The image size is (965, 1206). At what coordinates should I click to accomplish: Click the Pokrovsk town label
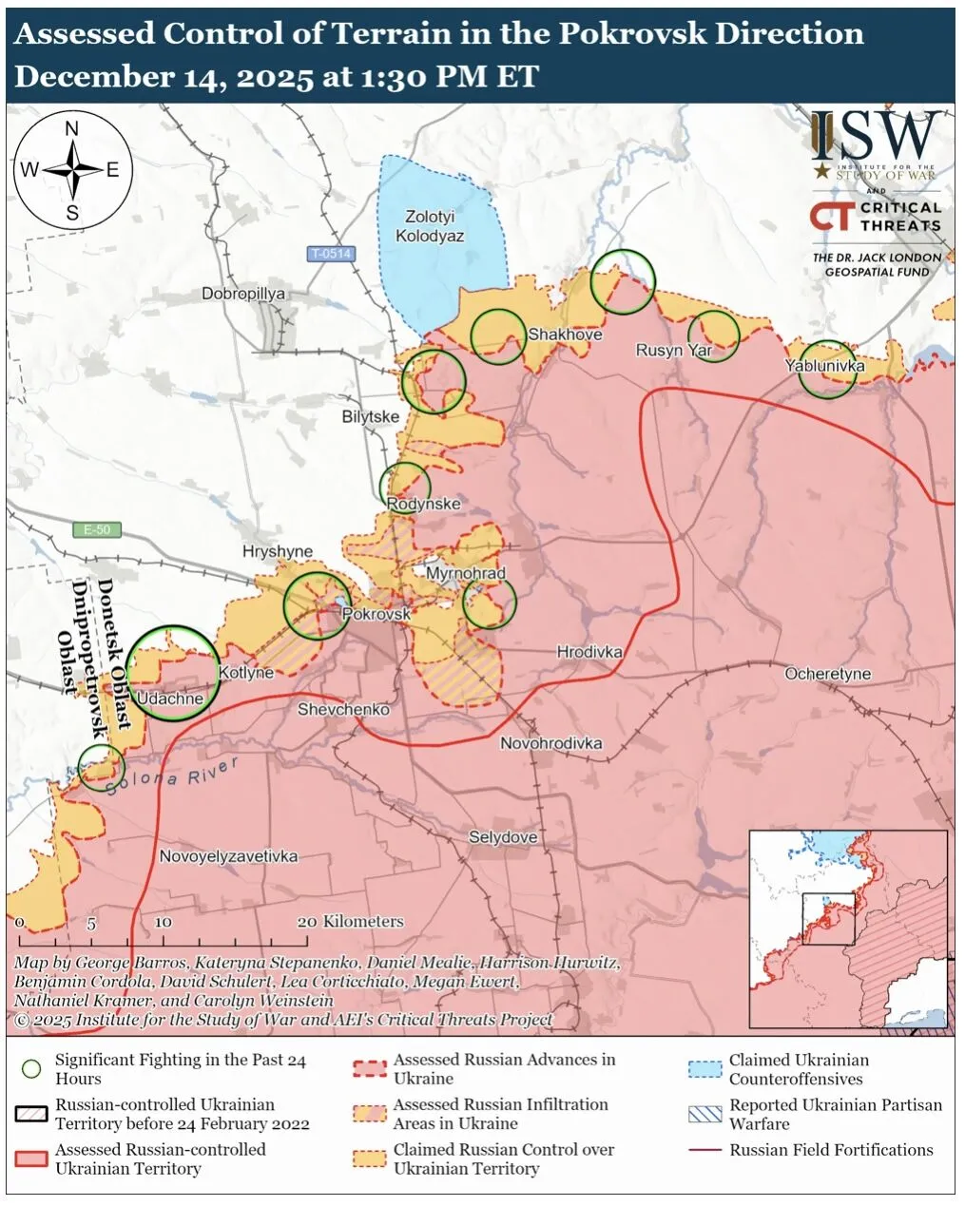point(376,614)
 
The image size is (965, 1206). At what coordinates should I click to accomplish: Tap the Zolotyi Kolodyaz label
point(430,226)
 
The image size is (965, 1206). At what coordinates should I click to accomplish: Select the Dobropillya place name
point(243,294)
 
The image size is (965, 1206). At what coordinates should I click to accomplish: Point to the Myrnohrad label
point(466,573)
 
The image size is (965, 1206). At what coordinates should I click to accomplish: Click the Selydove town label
point(503,837)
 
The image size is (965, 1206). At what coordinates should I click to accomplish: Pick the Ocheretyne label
point(827,674)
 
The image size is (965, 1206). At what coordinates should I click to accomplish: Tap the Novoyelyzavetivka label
point(228,856)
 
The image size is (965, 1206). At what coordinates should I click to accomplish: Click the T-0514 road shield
point(331,254)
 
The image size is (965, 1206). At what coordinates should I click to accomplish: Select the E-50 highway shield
point(97,529)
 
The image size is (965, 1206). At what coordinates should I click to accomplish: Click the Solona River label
point(172,776)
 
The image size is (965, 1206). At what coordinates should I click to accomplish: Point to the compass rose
point(72,171)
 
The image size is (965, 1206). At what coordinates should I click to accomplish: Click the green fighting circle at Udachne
point(173,673)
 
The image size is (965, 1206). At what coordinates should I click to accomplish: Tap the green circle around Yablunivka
point(827,370)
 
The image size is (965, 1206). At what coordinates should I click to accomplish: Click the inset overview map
point(848,928)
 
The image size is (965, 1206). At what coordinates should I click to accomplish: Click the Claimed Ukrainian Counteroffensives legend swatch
point(704,1069)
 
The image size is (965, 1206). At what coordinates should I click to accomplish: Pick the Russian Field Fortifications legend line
point(704,1150)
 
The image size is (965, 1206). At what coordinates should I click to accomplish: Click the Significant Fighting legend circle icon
point(31,1069)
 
